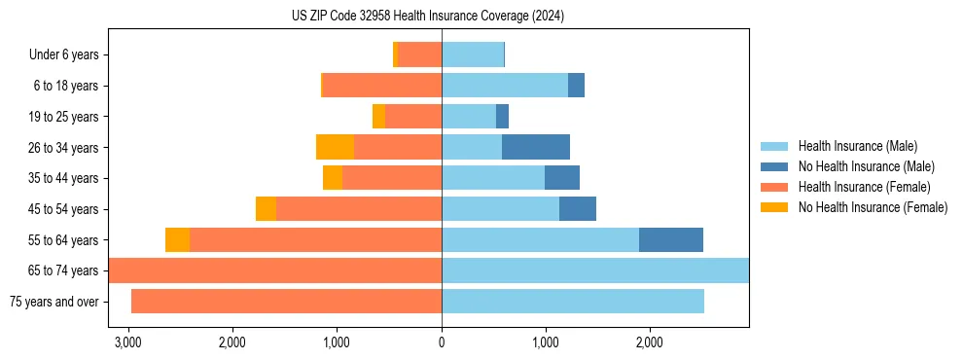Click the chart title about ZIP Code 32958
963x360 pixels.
pyautogui.click(x=428, y=17)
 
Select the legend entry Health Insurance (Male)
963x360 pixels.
pyautogui.click(x=855, y=147)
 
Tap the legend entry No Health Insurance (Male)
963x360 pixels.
pyautogui.click(x=862, y=167)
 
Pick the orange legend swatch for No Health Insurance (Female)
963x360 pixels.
pyautogui.click(x=775, y=207)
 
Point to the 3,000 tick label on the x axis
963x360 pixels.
pyautogui.click(x=127, y=342)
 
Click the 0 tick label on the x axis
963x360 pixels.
pyautogui.click(x=442, y=342)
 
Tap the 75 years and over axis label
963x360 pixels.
pyautogui.click(x=53, y=302)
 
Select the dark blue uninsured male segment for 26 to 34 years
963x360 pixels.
pyautogui.click(x=536, y=147)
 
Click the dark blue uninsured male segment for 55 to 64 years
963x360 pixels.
pyautogui.click(x=671, y=239)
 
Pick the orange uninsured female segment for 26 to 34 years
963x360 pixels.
pyautogui.click(x=335, y=147)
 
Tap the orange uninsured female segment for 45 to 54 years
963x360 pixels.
pyautogui.click(x=266, y=209)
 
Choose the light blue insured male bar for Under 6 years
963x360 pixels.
pyautogui.click(x=473, y=54)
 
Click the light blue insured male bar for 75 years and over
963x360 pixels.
pyautogui.click(x=573, y=302)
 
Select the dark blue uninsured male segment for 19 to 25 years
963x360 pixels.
pyautogui.click(x=502, y=117)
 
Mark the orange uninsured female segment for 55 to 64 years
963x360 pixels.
pyautogui.click(x=177, y=239)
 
